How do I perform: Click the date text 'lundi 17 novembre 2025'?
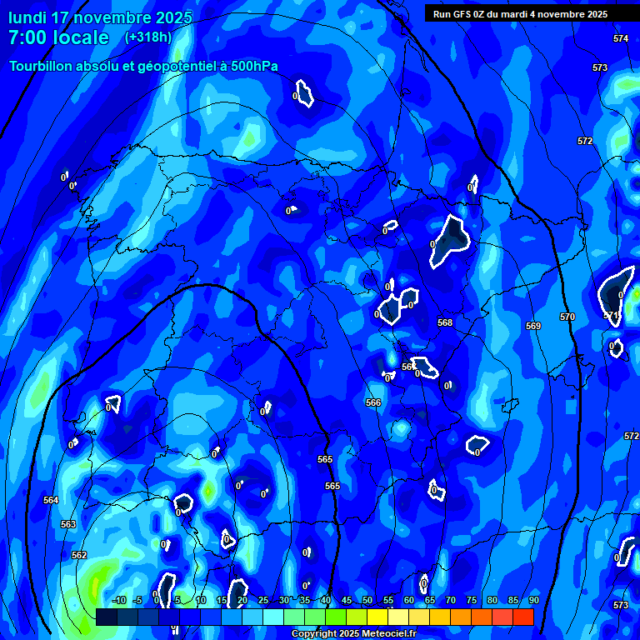100,17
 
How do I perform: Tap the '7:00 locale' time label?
58,37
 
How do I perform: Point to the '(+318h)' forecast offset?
148,37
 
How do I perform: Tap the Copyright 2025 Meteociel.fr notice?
353,633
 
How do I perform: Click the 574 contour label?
621,39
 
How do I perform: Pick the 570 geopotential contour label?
567,317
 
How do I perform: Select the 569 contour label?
533,326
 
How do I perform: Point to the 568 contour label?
445,322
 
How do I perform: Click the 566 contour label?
373,402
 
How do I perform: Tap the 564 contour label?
51,500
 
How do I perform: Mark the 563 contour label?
68,524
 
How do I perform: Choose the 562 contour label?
79,555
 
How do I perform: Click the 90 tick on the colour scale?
533,600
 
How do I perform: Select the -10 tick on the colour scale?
118,600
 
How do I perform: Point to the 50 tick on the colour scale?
367,600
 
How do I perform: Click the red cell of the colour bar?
522,617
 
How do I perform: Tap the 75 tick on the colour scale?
472,600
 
